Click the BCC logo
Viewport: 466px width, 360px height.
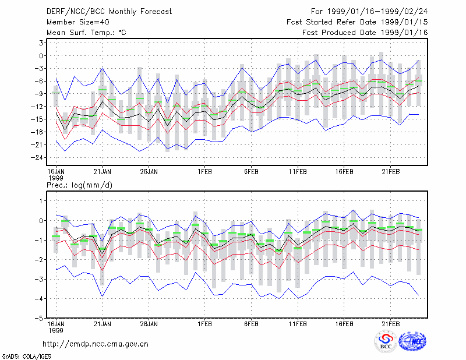coord(386,341)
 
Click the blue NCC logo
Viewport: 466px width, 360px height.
coord(412,341)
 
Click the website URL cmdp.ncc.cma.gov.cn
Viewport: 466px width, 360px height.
coord(96,344)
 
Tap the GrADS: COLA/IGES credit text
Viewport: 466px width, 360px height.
coord(27,357)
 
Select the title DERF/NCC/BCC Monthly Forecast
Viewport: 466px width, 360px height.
coord(109,12)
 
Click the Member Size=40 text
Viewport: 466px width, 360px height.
coord(78,22)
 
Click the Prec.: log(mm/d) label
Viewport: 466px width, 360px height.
coord(79,185)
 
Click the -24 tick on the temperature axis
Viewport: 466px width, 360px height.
coord(37,157)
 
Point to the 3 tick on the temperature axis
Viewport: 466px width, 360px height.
coord(41,43)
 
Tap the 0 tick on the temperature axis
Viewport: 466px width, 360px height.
coord(41,55)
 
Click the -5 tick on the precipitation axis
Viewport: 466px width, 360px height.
coord(38,318)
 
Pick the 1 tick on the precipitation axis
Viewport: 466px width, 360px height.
coord(41,201)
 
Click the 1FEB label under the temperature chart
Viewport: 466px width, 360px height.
coord(205,172)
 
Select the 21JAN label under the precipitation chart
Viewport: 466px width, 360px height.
coord(103,324)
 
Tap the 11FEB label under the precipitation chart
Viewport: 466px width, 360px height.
coord(298,324)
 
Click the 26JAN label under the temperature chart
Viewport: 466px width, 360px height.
coord(149,172)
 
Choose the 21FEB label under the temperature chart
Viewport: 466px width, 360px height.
coord(390,172)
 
